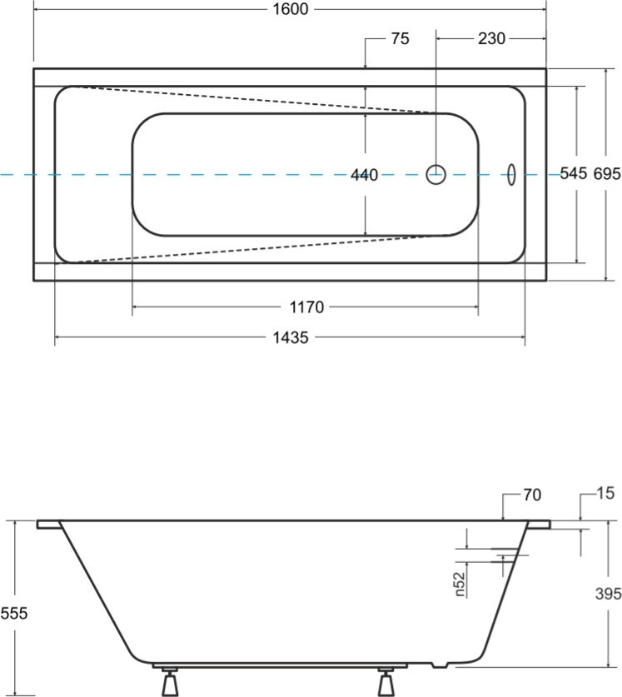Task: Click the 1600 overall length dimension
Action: [x=290, y=9]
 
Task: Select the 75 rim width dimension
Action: [x=400, y=38]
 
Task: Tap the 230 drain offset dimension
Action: [x=491, y=38]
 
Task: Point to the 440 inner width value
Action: [x=364, y=175]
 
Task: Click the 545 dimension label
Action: [x=574, y=173]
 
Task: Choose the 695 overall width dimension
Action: [x=607, y=173]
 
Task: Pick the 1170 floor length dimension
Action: [x=306, y=307]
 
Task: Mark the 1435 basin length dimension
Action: [x=291, y=338]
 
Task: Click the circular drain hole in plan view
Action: [x=435, y=174]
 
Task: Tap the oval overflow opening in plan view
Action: [x=511, y=175]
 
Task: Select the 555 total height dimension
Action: [x=14, y=614]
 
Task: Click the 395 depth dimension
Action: [x=608, y=594]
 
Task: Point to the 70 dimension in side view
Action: [x=532, y=495]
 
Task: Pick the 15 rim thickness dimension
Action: [x=605, y=493]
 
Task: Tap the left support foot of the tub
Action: [x=170, y=681]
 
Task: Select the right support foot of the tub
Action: [x=386, y=681]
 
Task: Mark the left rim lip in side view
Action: [x=49, y=525]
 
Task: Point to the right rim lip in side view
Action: [x=539, y=525]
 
